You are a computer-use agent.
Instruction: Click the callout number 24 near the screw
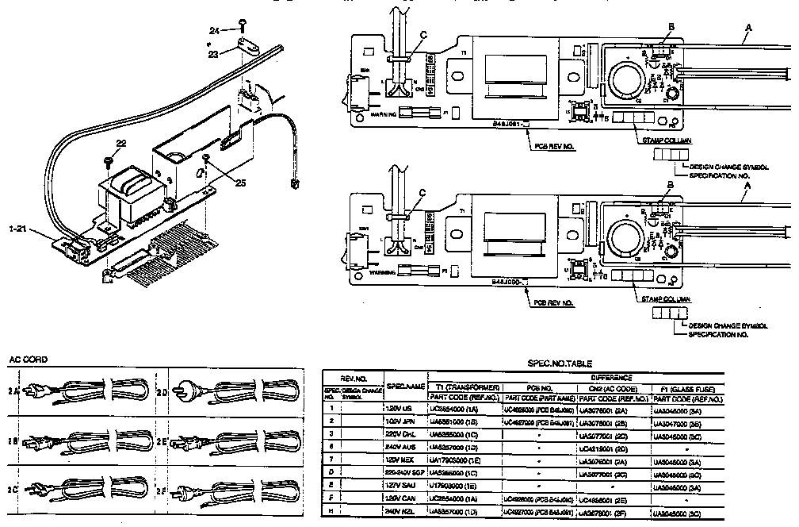214,30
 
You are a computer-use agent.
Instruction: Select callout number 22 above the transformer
121,143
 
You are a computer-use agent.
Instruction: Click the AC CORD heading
29,359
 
